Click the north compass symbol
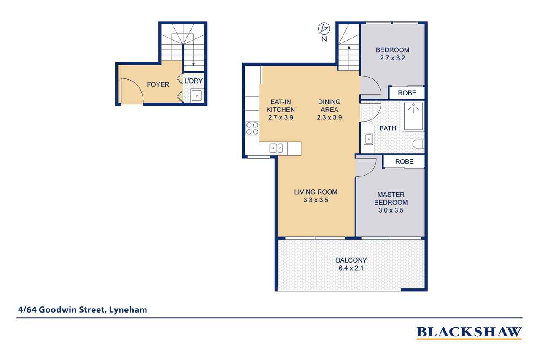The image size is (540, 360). [324, 29]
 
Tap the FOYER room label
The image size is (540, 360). [158, 84]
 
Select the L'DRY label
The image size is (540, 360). [194, 81]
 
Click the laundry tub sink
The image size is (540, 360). [197, 96]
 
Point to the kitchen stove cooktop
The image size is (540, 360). [252, 128]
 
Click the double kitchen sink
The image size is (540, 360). [277, 148]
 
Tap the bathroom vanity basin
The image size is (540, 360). [368, 138]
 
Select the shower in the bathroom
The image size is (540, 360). [413, 116]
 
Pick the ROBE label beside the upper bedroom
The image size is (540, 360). [406, 93]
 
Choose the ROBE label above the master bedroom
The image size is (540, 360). [404, 162]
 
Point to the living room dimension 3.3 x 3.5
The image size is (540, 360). [316, 200]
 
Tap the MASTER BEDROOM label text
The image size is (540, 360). [391, 198]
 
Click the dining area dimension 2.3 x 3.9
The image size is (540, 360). [329, 118]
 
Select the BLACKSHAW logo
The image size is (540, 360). [469, 332]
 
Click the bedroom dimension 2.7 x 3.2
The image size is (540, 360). [392, 58]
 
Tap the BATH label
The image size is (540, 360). [387, 128]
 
